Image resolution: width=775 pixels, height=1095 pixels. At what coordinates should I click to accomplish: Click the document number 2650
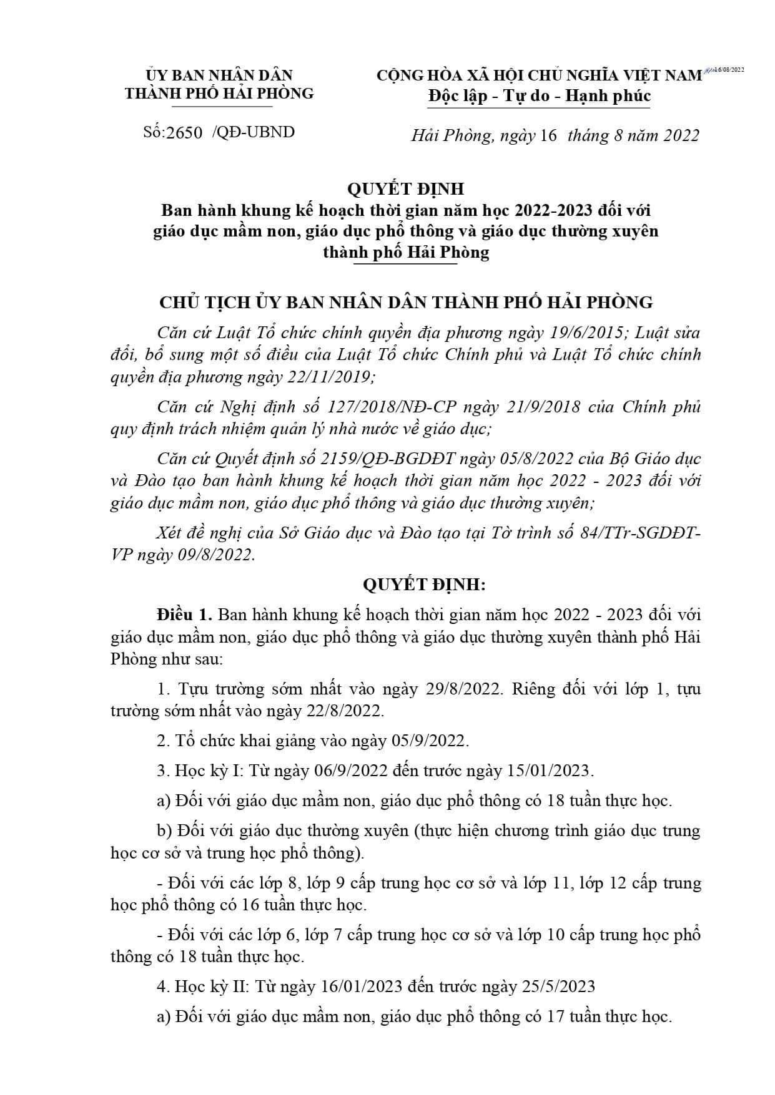(185, 132)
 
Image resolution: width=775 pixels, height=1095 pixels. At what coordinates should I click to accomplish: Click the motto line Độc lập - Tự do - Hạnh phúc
(539, 96)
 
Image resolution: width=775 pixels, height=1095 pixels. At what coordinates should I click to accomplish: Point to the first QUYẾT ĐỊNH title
(406, 188)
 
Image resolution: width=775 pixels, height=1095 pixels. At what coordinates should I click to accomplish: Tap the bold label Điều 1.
(185, 614)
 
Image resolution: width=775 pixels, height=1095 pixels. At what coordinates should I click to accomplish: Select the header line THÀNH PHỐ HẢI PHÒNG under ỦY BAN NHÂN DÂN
(219, 93)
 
